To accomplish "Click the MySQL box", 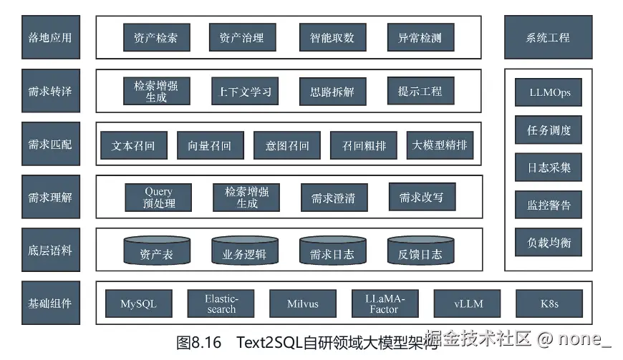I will tap(138, 303).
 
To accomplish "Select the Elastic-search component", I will tap(221, 303).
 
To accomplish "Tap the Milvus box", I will tap(303, 303).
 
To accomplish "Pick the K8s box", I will tap(549, 303).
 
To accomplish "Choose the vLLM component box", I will tap(468, 303).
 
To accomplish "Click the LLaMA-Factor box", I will tap(385, 303).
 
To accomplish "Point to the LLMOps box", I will tap(549, 92).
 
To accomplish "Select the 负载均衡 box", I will tap(549, 242).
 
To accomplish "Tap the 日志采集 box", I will tap(549, 167).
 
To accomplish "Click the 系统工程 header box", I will tap(548, 37).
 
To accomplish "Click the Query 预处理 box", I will tap(158, 198).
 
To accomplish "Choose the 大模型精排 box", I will tap(440, 145).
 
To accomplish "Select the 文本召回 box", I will tap(133, 145).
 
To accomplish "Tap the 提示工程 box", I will tap(420, 91).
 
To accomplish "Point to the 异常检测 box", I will tap(420, 37).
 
